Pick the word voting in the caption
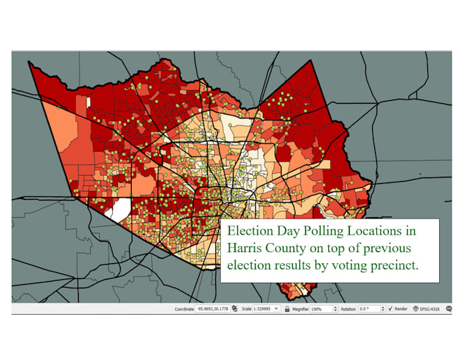[x=344, y=265]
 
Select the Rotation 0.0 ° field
[x=370, y=308]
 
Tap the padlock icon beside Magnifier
[x=286, y=308]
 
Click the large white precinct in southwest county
[x=120, y=208]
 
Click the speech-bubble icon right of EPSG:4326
[x=450, y=308]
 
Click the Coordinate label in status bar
[x=184, y=308]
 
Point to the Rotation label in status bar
[x=348, y=308]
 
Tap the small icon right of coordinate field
[x=235, y=308]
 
